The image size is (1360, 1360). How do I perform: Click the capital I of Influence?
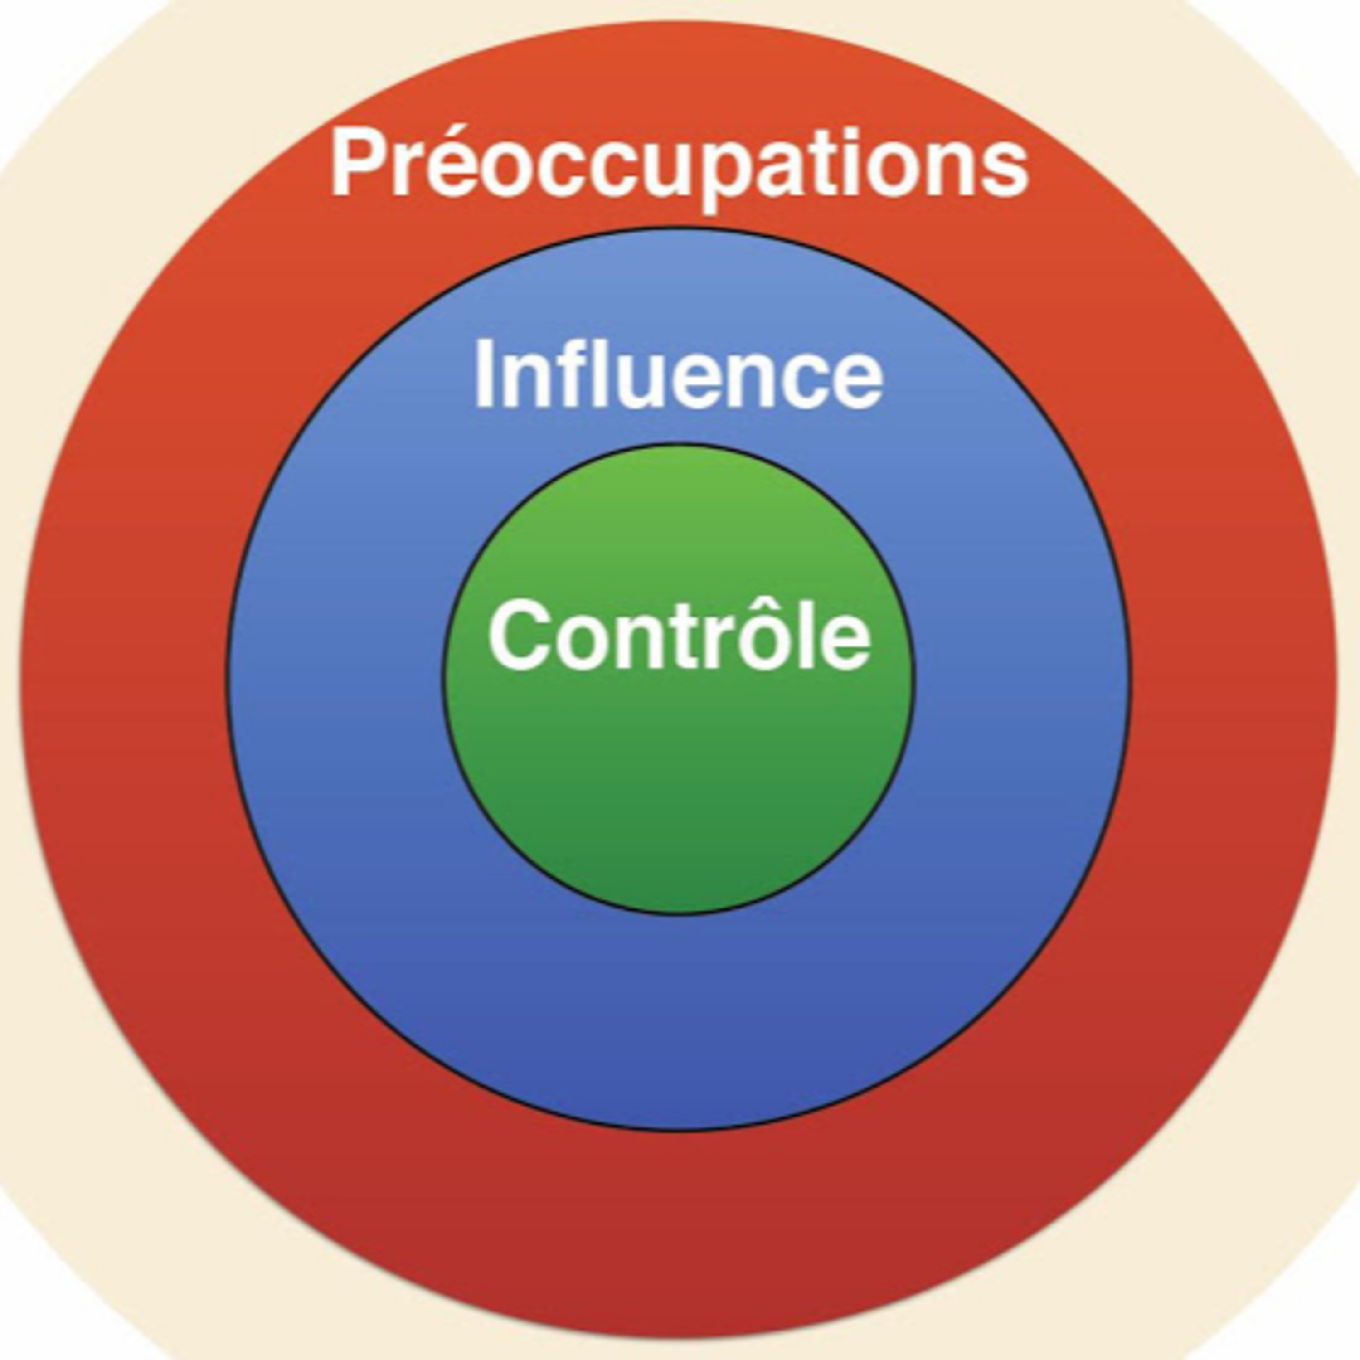click(484, 373)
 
